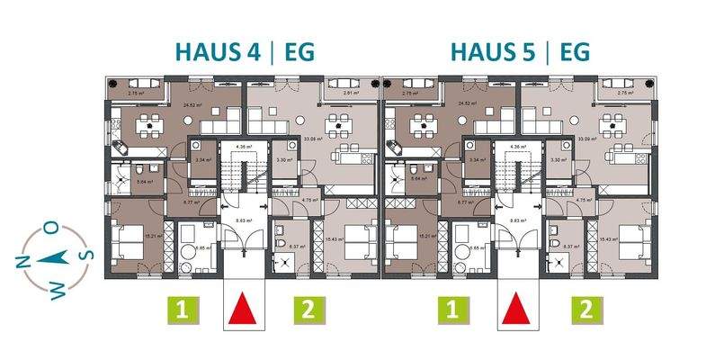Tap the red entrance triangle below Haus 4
(241, 309)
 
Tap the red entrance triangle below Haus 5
(516, 309)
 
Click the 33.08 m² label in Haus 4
(314, 139)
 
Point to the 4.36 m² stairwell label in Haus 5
(516, 145)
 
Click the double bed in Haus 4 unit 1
(130, 241)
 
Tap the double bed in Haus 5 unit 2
(630, 241)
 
